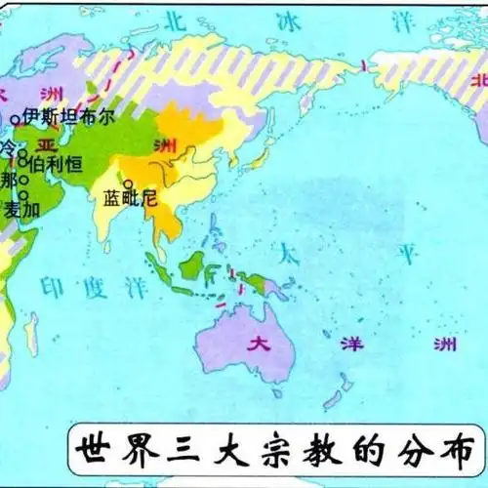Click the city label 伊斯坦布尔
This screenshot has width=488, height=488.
(x=63, y=114)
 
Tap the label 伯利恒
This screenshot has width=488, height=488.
(x=51, y=165)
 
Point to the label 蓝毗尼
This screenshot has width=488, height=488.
(x=131, y=198)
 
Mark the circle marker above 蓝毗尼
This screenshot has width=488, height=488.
(x=127, y=183)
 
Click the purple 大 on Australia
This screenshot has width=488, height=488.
(x=258, y=343)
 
